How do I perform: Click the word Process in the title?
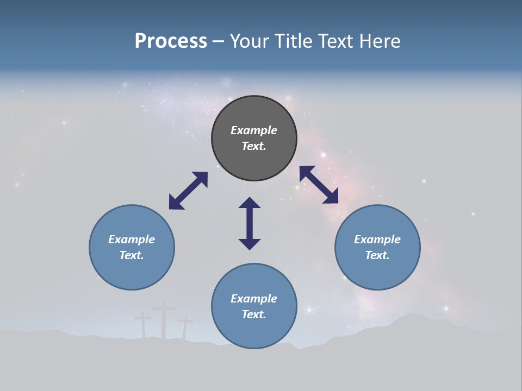(171, 41)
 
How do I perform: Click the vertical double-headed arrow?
(250, 223)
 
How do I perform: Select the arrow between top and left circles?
(188, 191)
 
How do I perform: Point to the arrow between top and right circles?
(319, 185)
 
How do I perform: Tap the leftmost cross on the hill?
(143, 325)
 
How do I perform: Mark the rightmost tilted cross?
(185, 326)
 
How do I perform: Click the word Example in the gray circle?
(254, 130)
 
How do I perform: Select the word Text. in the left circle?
(132, 255)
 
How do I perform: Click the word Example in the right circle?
(377, 239)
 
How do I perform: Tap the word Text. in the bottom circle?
(254, 314)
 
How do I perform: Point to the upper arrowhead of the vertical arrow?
(250, 203)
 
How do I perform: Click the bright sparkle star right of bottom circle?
(310, 310)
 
